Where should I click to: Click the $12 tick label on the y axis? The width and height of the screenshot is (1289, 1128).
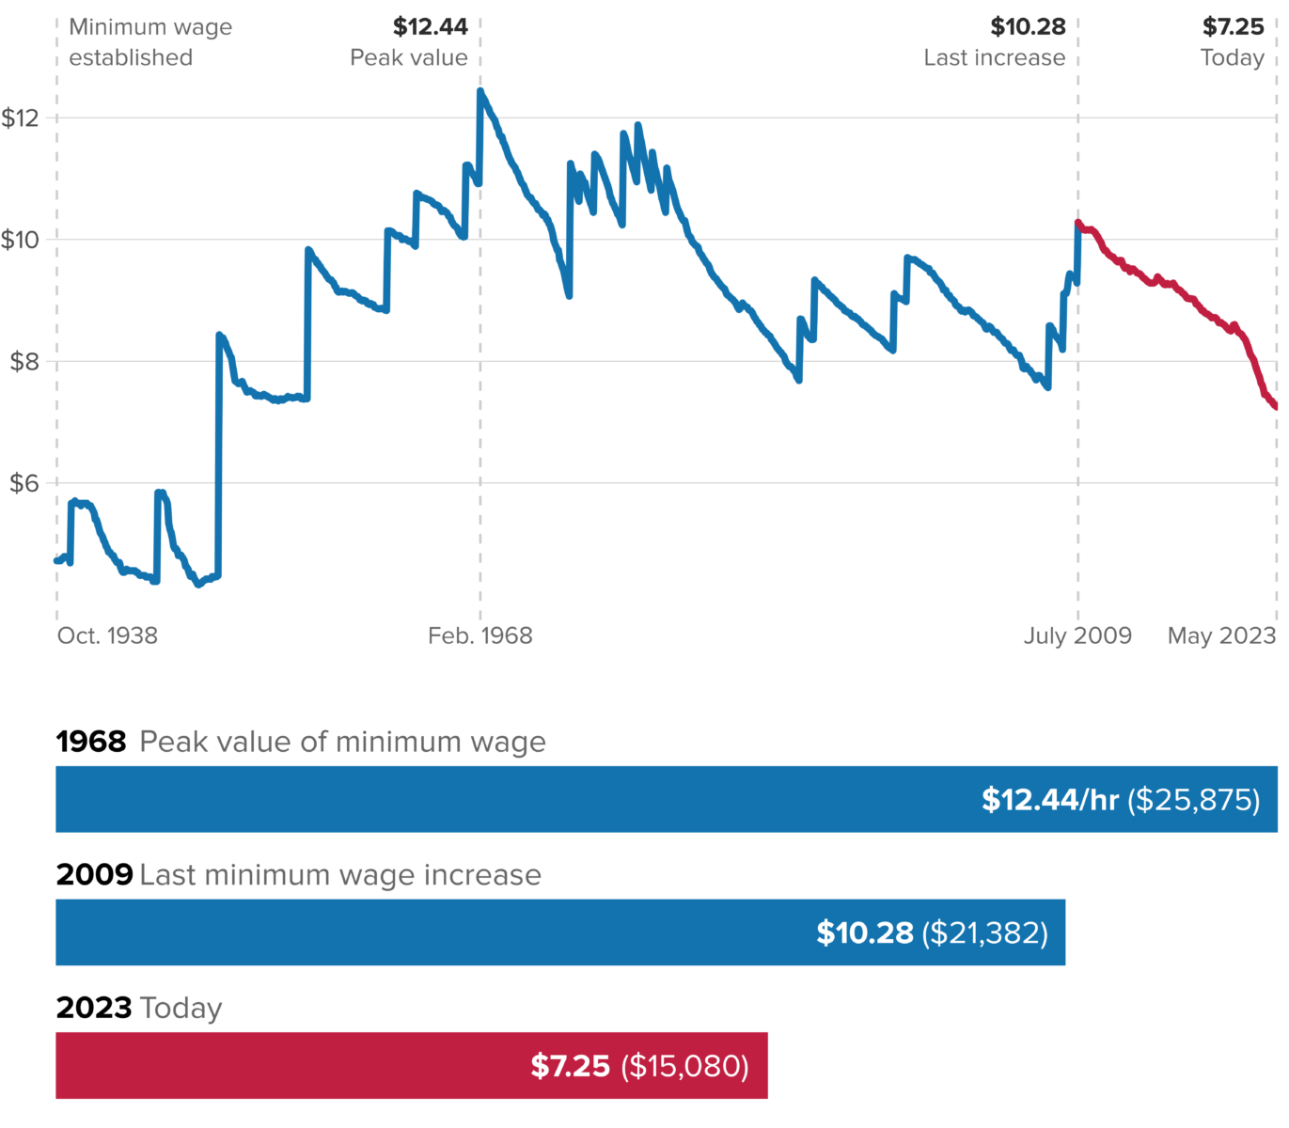[20, 118]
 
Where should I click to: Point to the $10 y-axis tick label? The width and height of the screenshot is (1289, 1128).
[20, 240]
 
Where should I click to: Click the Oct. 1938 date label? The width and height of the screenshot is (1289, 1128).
[107, 636]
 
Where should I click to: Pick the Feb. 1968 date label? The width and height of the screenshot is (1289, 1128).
[479, 636]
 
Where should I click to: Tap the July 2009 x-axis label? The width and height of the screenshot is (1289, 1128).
[1077, 636]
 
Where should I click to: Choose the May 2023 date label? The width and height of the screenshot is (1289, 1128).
[1221, 636]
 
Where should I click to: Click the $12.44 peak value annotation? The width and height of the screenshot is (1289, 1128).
[430, 27]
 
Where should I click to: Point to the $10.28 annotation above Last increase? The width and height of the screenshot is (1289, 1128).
[1028, 27]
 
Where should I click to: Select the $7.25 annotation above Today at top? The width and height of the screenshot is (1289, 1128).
[1233, 27]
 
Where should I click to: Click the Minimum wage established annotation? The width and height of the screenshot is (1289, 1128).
[149, 42]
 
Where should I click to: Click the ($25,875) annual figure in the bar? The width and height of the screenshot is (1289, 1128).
[1194, 800]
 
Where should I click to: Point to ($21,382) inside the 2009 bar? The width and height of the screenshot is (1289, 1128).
[984, 933]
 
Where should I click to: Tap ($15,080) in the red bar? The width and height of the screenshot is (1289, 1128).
[684, 1067]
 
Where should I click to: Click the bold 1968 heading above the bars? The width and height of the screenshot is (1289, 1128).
[90, 742]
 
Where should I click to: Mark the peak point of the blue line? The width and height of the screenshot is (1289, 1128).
[480, 91]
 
